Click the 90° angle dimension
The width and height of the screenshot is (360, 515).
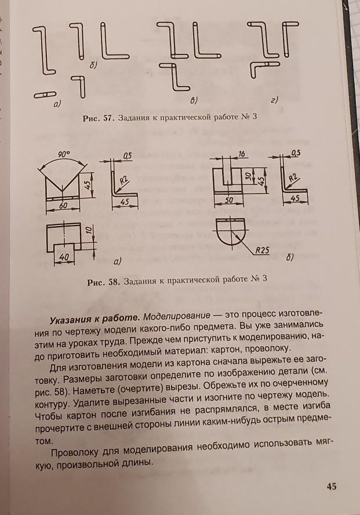click(x=63, y=154)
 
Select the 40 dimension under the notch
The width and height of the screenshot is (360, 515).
click(x=64, y=256)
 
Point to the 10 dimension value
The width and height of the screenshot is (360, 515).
click(x=88, y=230)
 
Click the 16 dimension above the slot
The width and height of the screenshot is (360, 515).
click(x=241, y=153)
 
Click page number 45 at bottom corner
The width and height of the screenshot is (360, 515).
click(x=332, y=486)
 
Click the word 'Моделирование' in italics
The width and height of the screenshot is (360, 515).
click(x=175, y=317)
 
